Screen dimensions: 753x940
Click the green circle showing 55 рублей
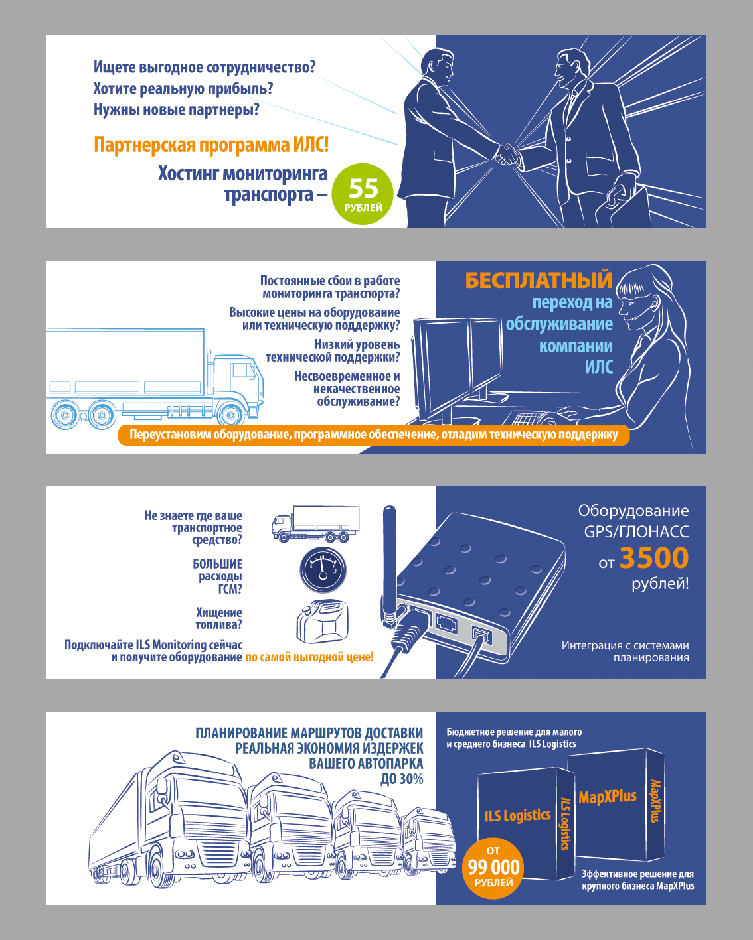(x=363, y=194)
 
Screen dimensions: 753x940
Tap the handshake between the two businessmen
(x=507, y=154)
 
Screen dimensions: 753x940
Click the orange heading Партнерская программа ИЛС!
(x=211, y=145)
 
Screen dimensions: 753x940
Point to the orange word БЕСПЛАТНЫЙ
(x=539, y=280)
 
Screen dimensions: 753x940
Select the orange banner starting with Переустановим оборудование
(x=374, y=435)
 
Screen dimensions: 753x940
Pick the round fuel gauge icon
(x=323, y=570)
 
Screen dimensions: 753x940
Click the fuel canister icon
(x=323, y=622)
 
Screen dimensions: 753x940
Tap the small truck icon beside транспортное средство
(x=315, y=523)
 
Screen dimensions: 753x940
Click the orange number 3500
(x=654, y=558)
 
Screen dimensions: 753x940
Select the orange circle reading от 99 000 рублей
(x=493, y=868)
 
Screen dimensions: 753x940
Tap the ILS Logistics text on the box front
(x=518, y=815)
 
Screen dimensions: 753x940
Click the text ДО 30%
(x=402, y=779)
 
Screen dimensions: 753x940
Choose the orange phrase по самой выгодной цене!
(x=309, y=657)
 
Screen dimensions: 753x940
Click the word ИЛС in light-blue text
(x=599, y=368)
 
